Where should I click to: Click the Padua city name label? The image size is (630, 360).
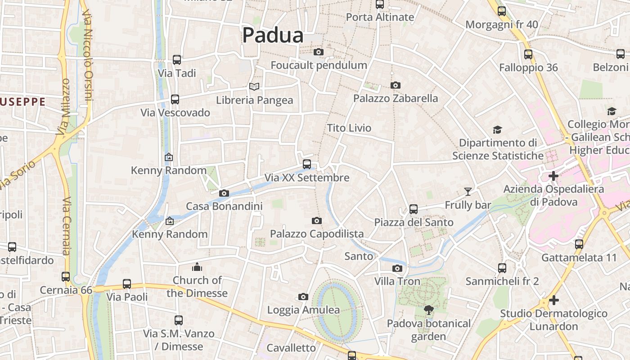[x=273, y=36]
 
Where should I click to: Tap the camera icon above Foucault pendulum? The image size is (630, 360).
[x=319, y=52]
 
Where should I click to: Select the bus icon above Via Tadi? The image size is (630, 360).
[x=177, y=59]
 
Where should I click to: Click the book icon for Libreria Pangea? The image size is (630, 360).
[x=254, y=86]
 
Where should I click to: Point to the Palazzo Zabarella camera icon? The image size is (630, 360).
[x=396, y=85]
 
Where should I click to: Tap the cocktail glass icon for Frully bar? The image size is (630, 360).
[x=468, y=192]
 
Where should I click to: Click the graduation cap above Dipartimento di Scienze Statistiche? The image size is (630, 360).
[x=497, y=130]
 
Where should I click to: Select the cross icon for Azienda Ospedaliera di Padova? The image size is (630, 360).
[x=553, y=175]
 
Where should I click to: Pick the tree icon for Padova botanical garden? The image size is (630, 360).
[x=428, y=310]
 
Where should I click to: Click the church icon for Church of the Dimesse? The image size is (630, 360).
[x=197, y=267]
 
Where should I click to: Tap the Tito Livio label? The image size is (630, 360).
[x=349, y=128]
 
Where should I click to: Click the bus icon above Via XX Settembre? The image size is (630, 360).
[x=307, y=164]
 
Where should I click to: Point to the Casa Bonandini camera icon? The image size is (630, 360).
[x=224, y=193]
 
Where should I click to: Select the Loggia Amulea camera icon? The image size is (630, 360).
[x=303, y=297]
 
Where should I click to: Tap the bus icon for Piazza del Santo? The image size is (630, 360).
[x=414, y=209]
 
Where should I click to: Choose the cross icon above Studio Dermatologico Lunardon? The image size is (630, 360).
[x=554, y=300]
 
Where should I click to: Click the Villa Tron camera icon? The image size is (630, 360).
[x=397, y=268]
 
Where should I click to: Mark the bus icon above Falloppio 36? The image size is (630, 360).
[x=528, y=54]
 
